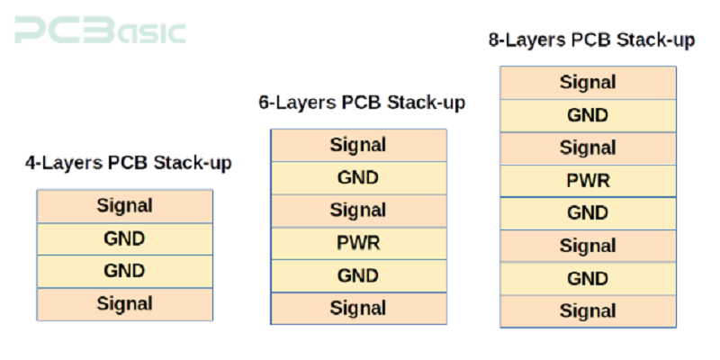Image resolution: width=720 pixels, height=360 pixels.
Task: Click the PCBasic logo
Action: (x=99, y=31)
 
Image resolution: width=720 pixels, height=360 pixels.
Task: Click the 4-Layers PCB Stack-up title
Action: (x=128, y=163)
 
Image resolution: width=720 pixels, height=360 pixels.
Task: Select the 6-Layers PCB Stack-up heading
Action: (x=362, y=103)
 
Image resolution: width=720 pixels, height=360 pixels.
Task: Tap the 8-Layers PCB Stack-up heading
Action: (x=591, y=40)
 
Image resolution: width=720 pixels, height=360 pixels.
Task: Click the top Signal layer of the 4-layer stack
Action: (x=125, y=206)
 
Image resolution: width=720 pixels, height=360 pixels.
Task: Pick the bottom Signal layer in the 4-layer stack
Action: (x=125, y=304)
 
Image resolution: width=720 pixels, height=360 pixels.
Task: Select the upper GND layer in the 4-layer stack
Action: (x=125, y=238)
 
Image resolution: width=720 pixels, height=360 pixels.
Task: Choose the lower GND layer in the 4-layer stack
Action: (x=125, y=271)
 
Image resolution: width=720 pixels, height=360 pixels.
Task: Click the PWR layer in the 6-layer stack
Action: (x=358, y=243)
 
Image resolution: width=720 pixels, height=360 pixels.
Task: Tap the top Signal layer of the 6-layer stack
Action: (x=358, y=145)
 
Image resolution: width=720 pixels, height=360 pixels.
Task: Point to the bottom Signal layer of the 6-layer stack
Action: (x=358, y=308)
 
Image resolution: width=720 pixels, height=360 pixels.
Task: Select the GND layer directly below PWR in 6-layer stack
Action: (x=358, y=275)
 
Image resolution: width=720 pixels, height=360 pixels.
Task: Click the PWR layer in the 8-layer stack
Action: (x=588, y=181)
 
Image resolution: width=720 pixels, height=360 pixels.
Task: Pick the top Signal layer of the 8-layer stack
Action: (x=588, y=83)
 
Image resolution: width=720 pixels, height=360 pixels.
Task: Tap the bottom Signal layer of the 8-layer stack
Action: (x=588, y=311)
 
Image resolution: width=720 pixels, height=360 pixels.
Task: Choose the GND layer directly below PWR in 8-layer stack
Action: (x=588, y=213)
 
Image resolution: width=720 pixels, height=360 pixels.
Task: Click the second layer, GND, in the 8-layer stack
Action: (x=588, y=115)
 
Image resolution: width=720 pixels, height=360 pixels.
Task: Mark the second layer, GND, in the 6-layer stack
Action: (x=358, y=177)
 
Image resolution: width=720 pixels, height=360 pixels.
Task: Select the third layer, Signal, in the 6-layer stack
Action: (x=358, y=211)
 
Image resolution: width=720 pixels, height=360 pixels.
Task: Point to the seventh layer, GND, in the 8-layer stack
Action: (x=588, y=279)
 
